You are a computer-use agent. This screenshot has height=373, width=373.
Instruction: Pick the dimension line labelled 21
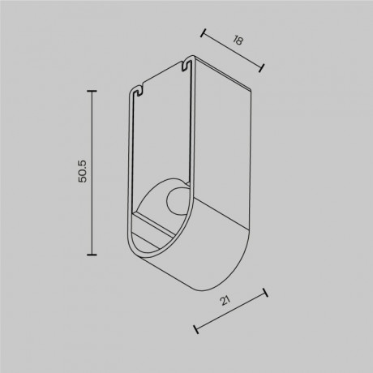pyautogui.click(x=231, y=312)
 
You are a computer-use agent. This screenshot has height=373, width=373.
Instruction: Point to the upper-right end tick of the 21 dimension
pyautogui.click(x=265, y=294)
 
